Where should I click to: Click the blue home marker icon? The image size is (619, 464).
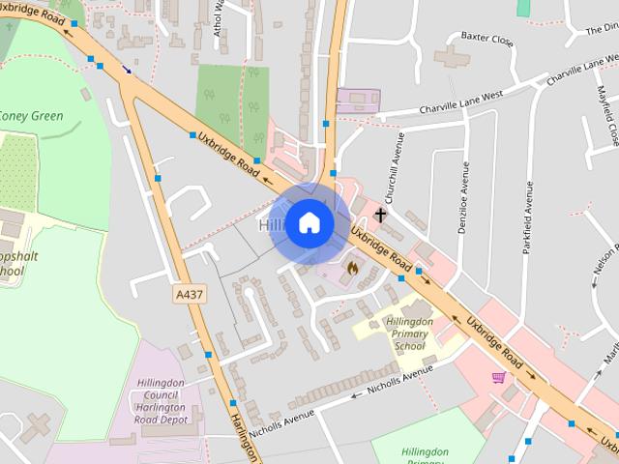tap(309, 223)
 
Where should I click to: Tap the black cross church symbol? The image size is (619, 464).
tap(381, 215)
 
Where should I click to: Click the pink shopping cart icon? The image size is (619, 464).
tap(499, 377)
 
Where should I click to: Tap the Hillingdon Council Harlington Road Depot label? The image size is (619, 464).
tap(160, 400)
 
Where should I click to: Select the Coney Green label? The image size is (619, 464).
tap(31, 117)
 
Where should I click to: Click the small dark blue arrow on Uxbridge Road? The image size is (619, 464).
tap(127, 70)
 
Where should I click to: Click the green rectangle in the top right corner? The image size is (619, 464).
tap(523, 7)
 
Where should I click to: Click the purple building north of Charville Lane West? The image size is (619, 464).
tap(358, 101)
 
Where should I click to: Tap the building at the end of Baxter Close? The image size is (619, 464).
tap(451, 57)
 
